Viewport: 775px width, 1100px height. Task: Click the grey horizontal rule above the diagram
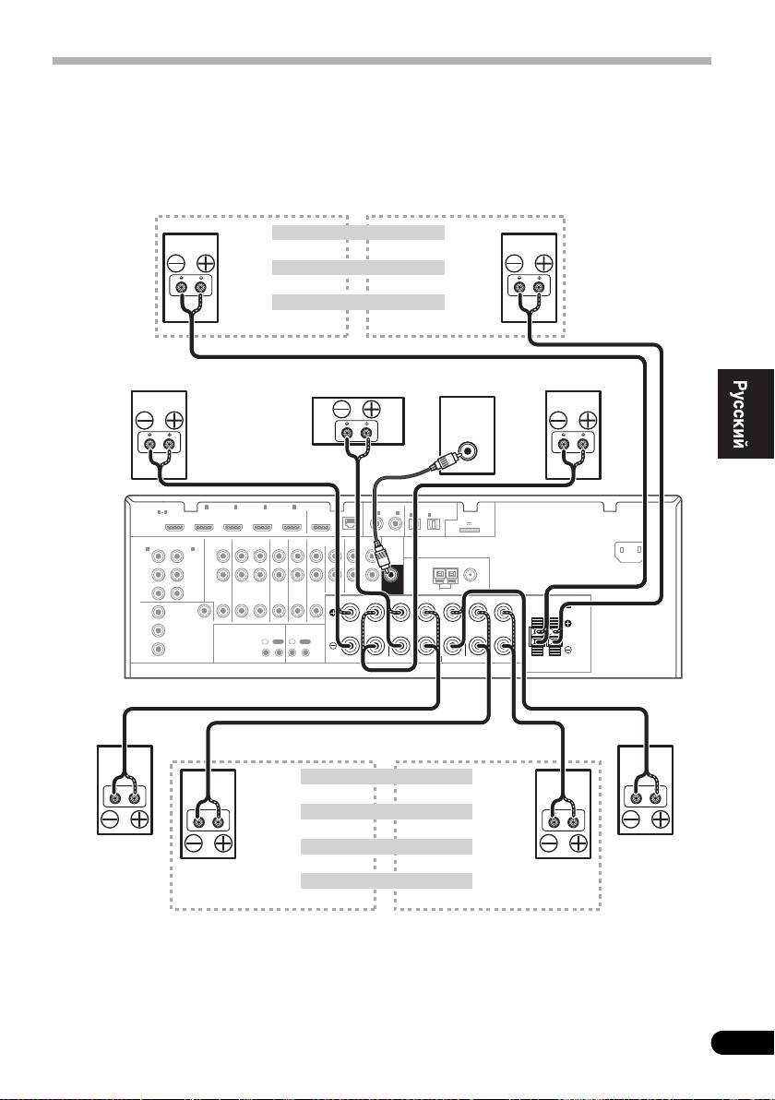(x=382, y=62)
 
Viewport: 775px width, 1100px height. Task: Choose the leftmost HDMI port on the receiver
(x=174, y=529)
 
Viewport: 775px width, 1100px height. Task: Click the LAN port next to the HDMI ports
(x=349, y=523)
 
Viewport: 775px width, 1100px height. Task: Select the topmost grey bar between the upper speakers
(x=359, y=233)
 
